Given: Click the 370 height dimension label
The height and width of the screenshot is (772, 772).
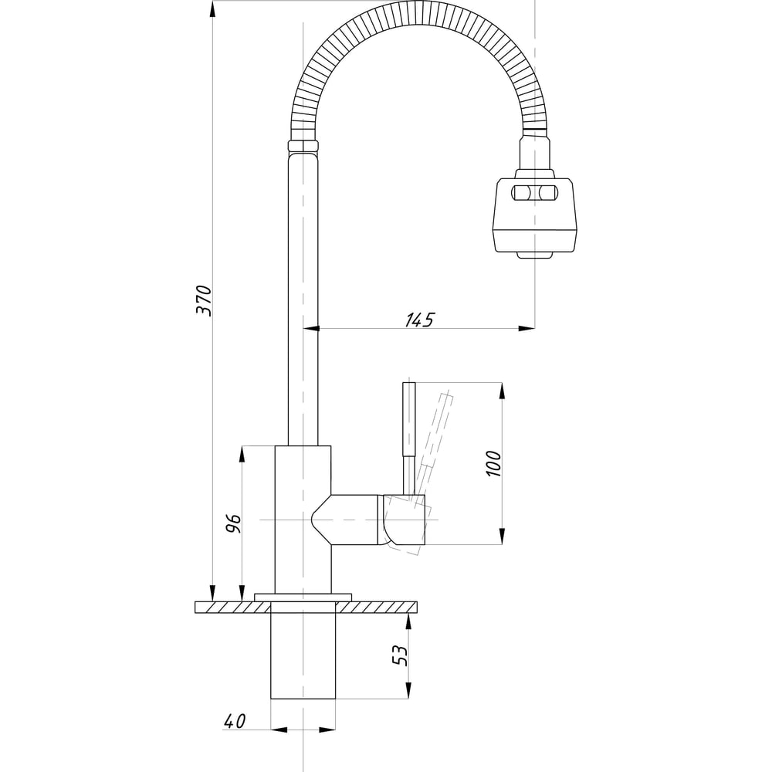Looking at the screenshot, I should (203, 300).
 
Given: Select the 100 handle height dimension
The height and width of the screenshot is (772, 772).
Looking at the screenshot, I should (494, 462).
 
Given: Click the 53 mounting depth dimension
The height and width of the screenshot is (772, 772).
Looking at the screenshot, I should (399, 655).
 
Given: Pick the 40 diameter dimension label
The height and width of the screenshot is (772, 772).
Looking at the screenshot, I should (235, 721).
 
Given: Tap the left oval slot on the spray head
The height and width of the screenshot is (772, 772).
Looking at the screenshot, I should (519, 192).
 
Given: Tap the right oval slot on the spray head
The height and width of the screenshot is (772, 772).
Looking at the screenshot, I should (547, 192).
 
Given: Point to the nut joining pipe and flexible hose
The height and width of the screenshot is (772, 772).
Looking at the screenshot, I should (303, 146).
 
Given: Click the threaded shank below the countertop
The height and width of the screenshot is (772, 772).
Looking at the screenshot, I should (303, 656).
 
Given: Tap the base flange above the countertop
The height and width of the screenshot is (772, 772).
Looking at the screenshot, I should (303, 596).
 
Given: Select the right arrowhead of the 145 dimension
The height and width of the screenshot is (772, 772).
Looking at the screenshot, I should (528, 330).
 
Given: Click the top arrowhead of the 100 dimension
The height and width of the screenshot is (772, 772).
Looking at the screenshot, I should (503, 391).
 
